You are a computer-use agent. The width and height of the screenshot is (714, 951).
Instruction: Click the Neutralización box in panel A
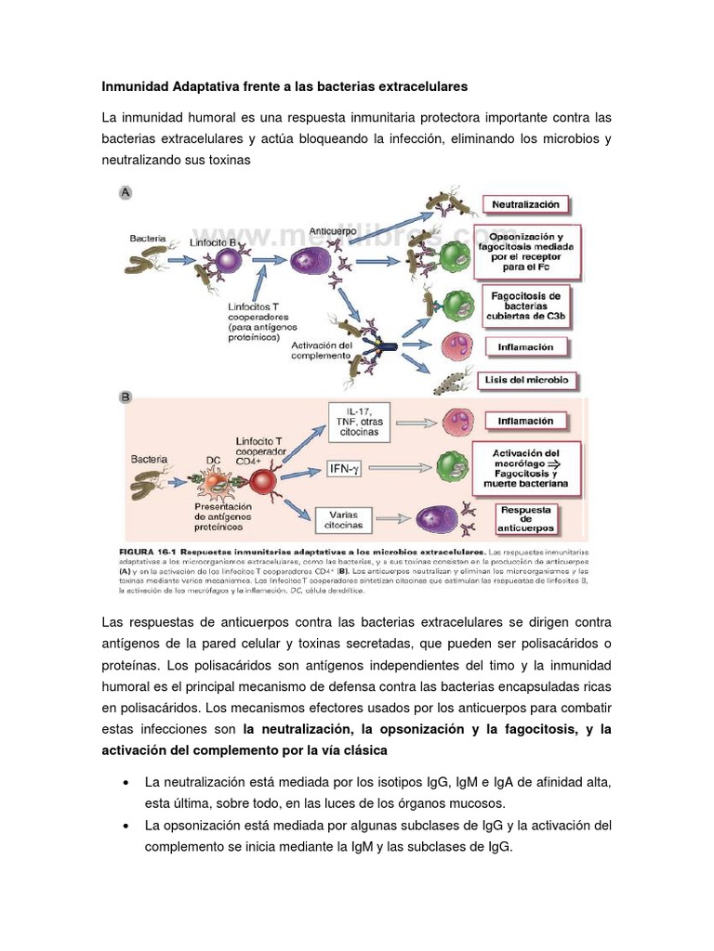pos(525,203)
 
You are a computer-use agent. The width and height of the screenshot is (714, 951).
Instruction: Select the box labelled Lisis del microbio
pos(527,380)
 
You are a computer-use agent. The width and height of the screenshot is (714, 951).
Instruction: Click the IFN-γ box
pos(344,470)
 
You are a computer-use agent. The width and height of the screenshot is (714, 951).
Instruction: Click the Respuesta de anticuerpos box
pos(526,518)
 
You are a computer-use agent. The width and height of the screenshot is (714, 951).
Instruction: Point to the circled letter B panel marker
pos(126,397)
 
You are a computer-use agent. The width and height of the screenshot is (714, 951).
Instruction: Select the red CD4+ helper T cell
pos(263,481)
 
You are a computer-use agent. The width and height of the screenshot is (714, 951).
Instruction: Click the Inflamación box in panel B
pos(526,421)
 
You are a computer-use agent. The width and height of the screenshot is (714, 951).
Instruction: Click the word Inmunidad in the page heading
pos(136,86)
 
